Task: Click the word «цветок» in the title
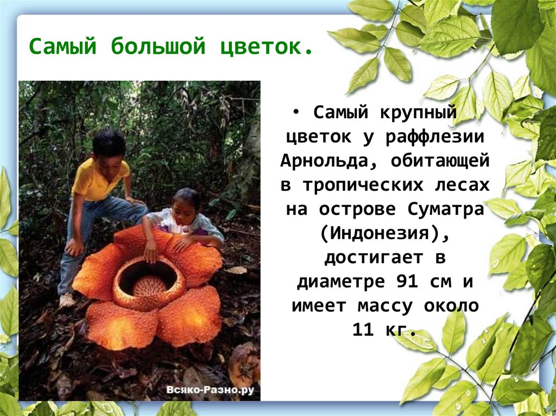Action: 266,47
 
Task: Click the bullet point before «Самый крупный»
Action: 296,113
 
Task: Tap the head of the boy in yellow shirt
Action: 109,145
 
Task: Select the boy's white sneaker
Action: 67,300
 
